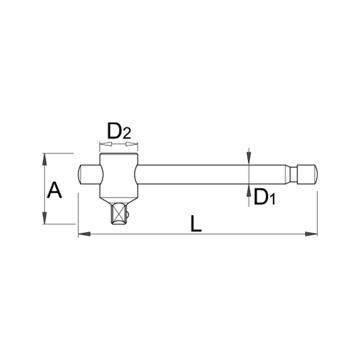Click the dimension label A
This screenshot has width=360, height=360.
tap(55, 190)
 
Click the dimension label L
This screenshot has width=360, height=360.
tap(196, 223)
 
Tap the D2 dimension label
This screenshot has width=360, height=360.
tap(119, 131)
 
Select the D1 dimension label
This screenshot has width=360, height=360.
tap(265, 197)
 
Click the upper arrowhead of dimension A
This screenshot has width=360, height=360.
tap(44, 160)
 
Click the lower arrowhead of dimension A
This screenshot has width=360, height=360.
tap(44, 218)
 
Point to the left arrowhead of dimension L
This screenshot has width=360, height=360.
tap(84, 234)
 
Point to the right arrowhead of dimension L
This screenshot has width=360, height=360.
tap(311, 234)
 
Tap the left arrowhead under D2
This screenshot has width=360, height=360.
tap(106, 144)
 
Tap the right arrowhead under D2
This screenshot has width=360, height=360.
tap(132, 144)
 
